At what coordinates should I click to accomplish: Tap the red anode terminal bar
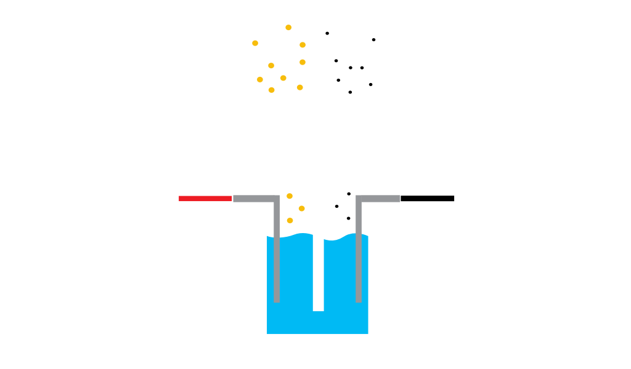205,199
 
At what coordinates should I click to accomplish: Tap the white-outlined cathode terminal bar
428,198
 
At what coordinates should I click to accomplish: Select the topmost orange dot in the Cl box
288,28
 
